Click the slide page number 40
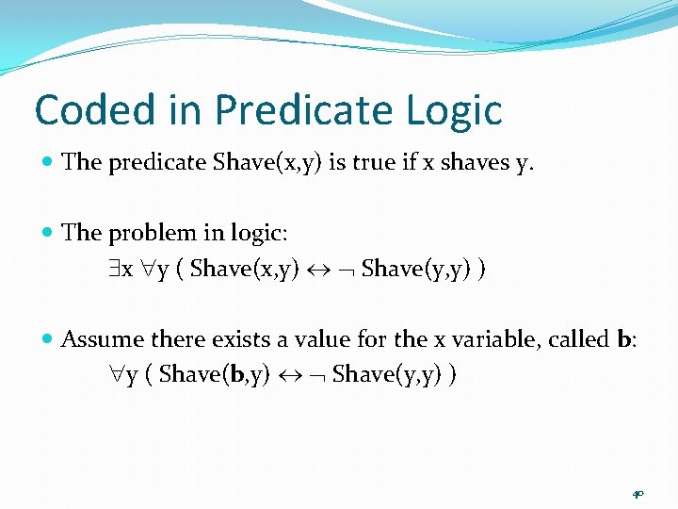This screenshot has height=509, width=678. point(638,493)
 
